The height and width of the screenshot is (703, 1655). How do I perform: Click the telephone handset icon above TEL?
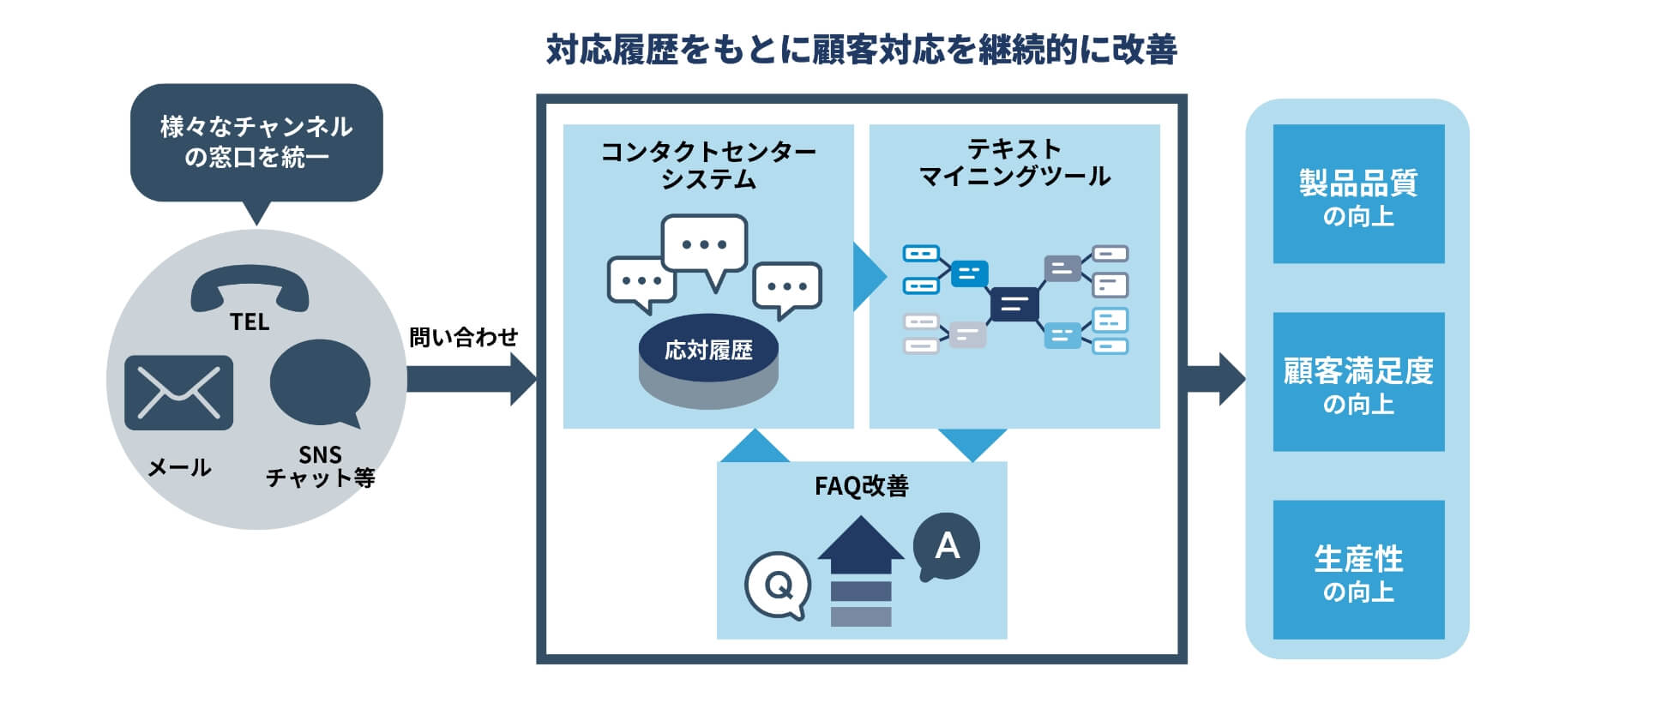[250, 286]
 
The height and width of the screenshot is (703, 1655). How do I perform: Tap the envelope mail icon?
[178, 393]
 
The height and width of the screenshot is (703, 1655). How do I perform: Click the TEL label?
[250, 322]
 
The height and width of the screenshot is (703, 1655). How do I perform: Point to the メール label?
[179, 467]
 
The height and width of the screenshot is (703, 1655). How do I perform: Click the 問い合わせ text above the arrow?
[463, 337]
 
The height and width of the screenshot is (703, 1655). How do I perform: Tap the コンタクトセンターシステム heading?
[708, 165]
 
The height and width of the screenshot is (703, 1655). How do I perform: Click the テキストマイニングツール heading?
[1014, 163]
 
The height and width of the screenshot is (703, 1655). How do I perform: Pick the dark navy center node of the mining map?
[1014, 303]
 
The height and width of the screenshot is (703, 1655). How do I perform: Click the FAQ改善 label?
[861, 486]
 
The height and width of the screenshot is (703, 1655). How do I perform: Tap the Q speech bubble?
[778, 586]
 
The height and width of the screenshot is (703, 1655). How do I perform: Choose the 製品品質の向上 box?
[1358, 195]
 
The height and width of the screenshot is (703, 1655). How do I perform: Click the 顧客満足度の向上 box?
[1358, 382]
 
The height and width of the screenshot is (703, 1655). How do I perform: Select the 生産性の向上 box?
[1358, 570]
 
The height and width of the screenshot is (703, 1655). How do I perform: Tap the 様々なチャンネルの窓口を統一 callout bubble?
[256, 142]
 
